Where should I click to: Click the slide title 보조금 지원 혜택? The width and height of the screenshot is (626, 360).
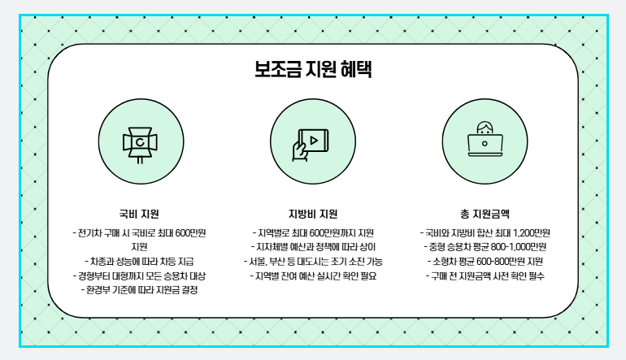pos(313,68)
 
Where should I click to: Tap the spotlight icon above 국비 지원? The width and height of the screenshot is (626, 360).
pos(139,142)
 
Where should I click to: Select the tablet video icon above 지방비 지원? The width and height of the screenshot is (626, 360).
pos(313,142)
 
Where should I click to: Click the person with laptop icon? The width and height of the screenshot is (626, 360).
pos(485,140)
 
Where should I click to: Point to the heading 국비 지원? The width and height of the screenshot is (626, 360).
pos(139,215)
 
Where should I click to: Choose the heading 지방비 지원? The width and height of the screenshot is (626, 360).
pos(313,215)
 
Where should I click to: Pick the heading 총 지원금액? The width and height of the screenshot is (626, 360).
pos(485,215)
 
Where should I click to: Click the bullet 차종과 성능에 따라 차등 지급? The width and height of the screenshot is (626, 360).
pos(139,261)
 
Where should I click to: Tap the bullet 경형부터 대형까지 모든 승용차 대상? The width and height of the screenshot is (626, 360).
pos(139,275)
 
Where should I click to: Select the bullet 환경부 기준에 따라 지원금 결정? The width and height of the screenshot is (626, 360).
pos(139,289)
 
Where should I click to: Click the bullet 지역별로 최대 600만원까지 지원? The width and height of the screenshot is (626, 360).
pos(313,232)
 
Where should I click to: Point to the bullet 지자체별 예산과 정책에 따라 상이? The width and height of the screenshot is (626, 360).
pos(313,247)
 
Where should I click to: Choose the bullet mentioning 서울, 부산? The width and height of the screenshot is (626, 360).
pos(313,261)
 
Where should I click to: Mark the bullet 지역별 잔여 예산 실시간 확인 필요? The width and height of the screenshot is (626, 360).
pos(313,275)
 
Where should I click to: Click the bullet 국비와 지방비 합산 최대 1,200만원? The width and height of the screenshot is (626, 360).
pos(485,232)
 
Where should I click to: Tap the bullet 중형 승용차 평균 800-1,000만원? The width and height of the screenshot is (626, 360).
pos(485,247)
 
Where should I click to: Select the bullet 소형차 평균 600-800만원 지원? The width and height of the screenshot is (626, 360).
pos(485,261)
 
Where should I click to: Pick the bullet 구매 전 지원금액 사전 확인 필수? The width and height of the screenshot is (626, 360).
pos(485,275)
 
